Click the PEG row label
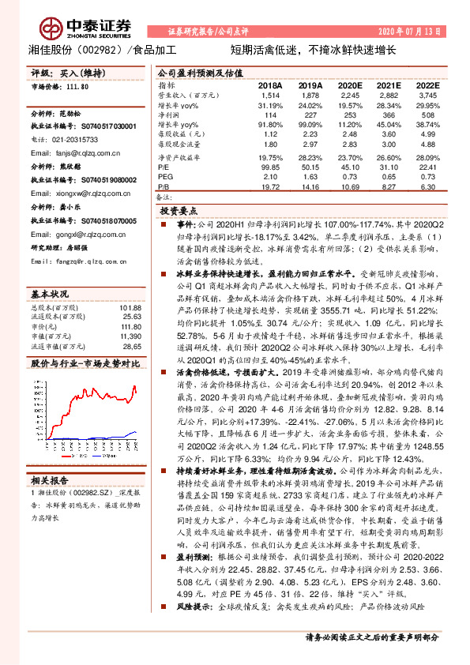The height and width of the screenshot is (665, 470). point(164,178)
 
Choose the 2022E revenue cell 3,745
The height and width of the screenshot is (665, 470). point(426,95)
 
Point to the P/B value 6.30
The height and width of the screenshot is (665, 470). point(427,187)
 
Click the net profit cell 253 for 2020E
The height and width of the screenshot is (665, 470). point(349,115)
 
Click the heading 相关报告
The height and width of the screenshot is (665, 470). point(51,480)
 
